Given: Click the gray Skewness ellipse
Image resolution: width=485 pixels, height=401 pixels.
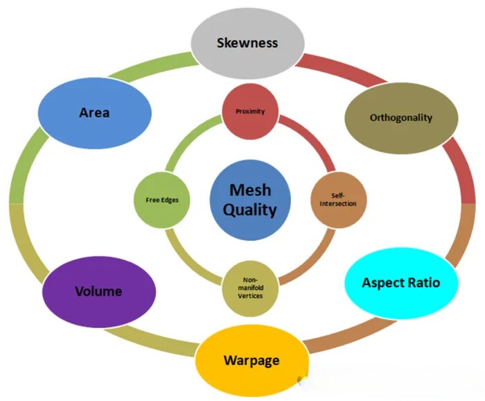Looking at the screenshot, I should (x=248, y=42).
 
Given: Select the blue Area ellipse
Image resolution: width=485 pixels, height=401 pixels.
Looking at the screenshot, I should (x=95, y=112).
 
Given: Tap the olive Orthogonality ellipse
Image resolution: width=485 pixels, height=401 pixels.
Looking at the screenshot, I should (x=400, y=117).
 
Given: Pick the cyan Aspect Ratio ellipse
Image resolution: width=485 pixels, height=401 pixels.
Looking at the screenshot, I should (x=400, y=282).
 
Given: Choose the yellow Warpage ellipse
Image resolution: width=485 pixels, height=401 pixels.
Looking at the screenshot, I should (x=252, y=360).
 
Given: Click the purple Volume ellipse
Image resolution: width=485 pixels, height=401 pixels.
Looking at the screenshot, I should (x=98, y=291).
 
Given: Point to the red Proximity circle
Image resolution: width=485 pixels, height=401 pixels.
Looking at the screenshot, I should (x=250, y=111).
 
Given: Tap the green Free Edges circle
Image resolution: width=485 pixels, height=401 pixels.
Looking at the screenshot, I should (x=162, y=199).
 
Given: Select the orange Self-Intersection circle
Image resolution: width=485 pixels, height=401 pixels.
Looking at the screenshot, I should (x=339, y=198).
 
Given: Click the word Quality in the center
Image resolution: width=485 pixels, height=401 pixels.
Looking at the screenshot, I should (x=249, y=210).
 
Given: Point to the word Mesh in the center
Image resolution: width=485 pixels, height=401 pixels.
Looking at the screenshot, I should (x=249, y=188).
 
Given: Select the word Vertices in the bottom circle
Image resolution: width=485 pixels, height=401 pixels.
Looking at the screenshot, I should (x=251, y=296).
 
